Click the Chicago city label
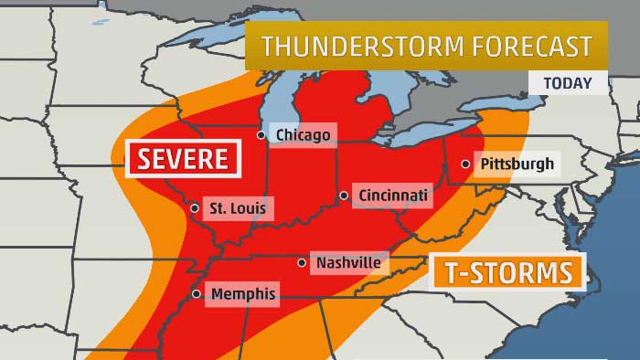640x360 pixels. [x=303, y=135]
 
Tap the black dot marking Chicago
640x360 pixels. [x=261, y=135]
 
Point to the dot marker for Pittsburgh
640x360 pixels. [x=466, y=164]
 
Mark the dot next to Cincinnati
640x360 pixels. [x=344, y=195]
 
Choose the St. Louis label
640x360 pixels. [x=238, y=208]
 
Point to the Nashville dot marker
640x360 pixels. [x=302, y=263]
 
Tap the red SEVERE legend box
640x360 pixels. [x=183, y=158]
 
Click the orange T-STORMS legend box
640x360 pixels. [x=508, y=272]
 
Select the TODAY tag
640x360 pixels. [x=567, y=83]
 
